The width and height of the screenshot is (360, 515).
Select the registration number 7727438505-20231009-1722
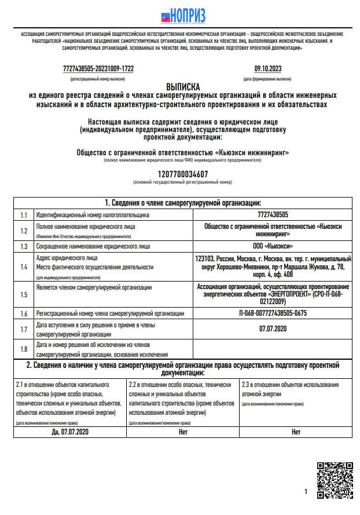click(x=98, y=68)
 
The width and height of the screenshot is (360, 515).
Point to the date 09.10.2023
click(x=267, y=68)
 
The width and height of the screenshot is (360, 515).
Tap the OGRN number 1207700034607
click(x=182, y=174)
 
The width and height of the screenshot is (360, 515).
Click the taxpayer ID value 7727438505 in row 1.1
click(x=273, y=215)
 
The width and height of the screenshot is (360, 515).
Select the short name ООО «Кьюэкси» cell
click(x=273, y=246)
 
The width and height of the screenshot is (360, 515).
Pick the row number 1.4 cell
click(x=24, y=267)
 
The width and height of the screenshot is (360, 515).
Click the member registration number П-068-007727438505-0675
click(x=273, y=313)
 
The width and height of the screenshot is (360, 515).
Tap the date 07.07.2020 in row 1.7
click(x=273, y=329)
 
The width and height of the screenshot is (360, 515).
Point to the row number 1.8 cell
click(x=24, y=349)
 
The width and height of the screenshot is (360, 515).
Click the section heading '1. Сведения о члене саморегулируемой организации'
click(x=182, y=203)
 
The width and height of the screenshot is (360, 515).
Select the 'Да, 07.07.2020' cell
click(x=70, y=432)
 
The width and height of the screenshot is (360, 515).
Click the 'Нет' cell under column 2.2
click(x=183, y=432)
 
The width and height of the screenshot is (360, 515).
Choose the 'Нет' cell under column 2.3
click(x=296, y=432)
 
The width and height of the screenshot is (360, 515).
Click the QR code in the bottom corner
click(x=334, y=480)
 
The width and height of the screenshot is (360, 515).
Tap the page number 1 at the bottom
click(x=306, y=492)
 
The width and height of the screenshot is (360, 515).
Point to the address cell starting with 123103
click(x=273, y=267)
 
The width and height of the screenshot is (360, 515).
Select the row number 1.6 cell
click(x=24, y=313)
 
